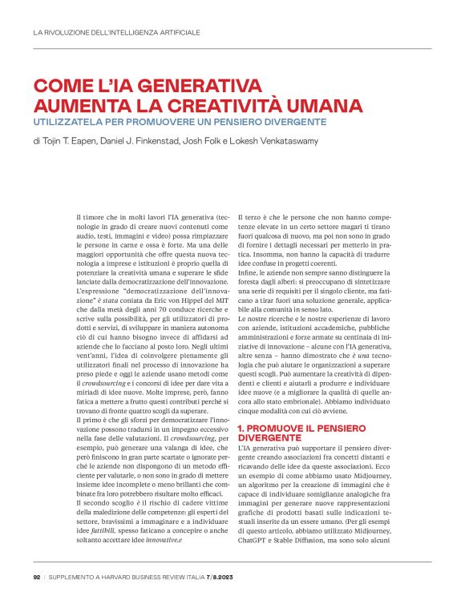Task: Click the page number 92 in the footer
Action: pos(37,575)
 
